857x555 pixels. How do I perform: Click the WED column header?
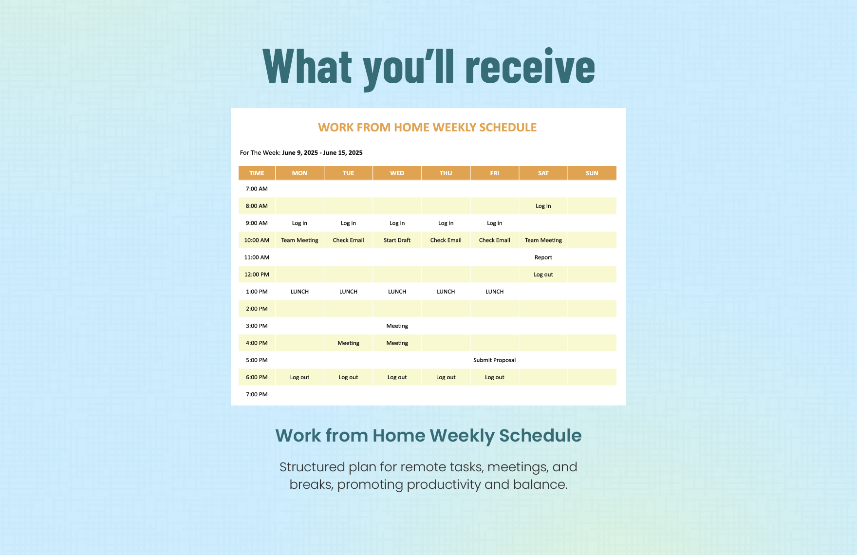(397, 173)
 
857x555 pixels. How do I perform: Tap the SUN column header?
(592, 173)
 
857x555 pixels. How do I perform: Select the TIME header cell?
(257, 173)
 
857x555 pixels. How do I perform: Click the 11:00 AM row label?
(257, 258)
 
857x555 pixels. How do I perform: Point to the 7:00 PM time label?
(257, 394)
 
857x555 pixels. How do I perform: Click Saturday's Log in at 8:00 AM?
(543, 206)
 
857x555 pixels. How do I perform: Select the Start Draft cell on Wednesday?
(397, 240)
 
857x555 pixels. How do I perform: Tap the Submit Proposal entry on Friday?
(494, 360)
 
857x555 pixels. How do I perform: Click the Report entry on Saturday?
(543, 258)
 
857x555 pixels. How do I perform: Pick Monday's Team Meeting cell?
(299, 240)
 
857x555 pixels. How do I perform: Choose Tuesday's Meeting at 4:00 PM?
(348, 343)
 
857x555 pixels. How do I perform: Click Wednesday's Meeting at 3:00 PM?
(397, 326)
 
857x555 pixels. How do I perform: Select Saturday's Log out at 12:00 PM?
(543, 275)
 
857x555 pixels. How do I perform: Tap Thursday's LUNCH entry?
(446, 292)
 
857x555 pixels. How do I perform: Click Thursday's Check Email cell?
(446, 240)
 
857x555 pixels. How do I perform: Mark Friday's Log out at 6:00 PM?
(494, 377)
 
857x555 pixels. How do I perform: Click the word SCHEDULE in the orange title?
(508, 128)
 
